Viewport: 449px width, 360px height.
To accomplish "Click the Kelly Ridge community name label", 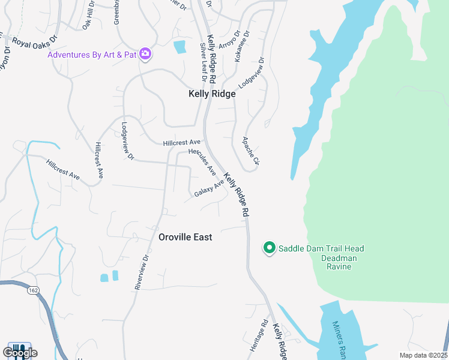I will click(x=212, y=94).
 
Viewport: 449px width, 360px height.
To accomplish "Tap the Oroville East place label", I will click(x=185, y=237).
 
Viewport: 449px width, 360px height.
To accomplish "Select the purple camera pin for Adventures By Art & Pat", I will click(x=145, y=55).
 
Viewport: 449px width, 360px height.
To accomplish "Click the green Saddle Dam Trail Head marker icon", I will click(x=270, y=248).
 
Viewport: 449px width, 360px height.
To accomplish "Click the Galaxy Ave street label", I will click(x=208, y=188).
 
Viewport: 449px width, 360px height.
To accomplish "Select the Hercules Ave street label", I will click(x=202, y=161).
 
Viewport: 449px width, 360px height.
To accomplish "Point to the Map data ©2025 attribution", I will click(x=423, y=355).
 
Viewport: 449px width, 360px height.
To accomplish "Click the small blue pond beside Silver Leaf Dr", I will click(x=179, y=47).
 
